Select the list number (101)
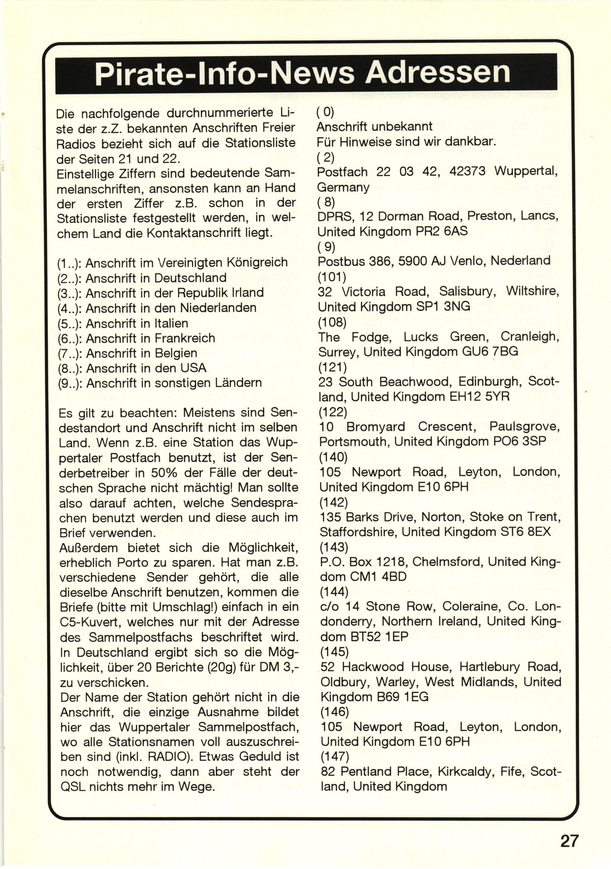tap(332, 277)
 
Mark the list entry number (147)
tap(334, 756)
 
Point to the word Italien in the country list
tap(171, 323)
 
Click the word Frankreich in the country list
tap(183, 338)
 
